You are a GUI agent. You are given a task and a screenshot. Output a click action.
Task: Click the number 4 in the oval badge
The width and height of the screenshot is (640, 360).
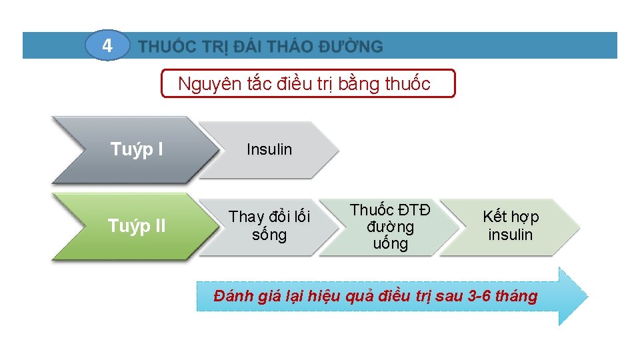107,46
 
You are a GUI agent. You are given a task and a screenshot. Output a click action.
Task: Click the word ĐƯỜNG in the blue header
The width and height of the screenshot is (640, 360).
351,47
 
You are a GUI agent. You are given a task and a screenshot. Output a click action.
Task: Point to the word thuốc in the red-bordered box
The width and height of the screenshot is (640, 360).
407,84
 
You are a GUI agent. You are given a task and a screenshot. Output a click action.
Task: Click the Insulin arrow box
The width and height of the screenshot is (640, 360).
269,150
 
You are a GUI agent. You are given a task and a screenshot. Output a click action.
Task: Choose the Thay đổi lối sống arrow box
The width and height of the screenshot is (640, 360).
269,226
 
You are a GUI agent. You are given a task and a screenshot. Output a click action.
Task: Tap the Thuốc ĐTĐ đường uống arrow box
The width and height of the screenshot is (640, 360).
390,227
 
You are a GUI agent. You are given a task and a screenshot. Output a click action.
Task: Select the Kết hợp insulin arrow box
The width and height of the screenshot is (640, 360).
510,226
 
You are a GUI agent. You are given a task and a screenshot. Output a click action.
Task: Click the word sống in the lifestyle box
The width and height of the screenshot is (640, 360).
269,235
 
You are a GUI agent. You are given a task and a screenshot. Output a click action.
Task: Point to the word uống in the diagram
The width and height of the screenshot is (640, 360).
390,243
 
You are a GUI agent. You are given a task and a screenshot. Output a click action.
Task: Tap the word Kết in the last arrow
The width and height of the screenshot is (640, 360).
495,217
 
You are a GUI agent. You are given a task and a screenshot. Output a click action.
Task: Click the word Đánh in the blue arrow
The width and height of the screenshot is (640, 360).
231,296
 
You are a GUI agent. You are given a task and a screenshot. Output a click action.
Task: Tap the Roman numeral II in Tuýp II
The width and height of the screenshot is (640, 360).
156,227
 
